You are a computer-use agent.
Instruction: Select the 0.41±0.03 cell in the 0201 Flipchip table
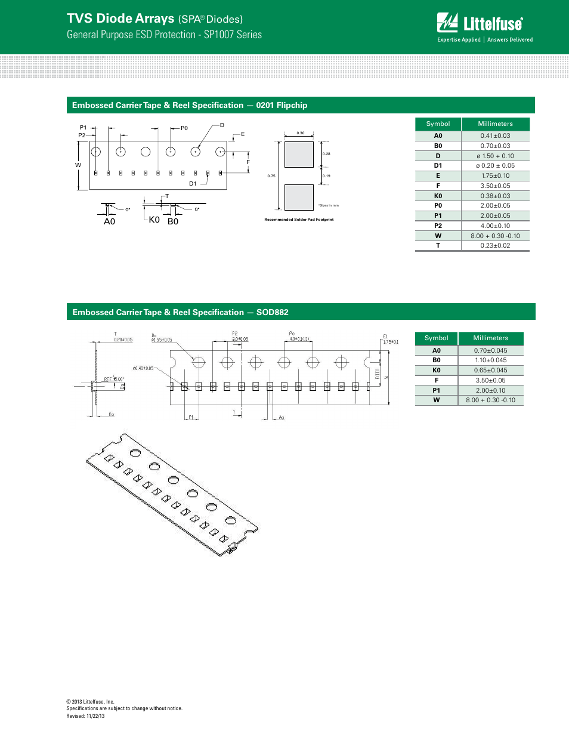[x=495, y=136]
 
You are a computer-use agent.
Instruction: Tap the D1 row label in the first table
[x=438, y=166]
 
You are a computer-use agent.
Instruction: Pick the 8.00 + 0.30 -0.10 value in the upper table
[x=495, y=236]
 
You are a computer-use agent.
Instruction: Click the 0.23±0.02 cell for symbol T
[x=495, y=246]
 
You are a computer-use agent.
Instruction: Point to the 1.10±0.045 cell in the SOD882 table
[x=490, y=360]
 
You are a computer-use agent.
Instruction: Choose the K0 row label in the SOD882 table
[x=437, y=371]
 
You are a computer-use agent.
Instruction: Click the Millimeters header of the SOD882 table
[x=490, y=338]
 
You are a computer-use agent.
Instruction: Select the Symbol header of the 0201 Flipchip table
[x=438, y=124]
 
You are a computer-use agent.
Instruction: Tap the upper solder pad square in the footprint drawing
[x=299, y=155]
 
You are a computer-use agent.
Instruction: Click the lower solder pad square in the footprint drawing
[x=299, y=198]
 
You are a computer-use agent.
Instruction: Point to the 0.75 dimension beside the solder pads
[x=271, y=176]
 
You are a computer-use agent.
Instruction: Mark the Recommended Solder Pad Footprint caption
[x=299, y=220]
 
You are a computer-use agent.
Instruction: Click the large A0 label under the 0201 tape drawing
[x=109, y=221]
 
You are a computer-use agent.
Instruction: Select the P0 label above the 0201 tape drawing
[x=184, y=128]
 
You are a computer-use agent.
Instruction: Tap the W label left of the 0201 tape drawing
[x=78, y=165]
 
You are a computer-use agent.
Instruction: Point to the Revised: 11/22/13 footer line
[x=85, y=716]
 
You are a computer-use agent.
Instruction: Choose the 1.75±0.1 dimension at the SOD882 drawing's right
[x=391, y=342]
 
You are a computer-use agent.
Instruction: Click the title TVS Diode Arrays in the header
[x=120, y=18]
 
